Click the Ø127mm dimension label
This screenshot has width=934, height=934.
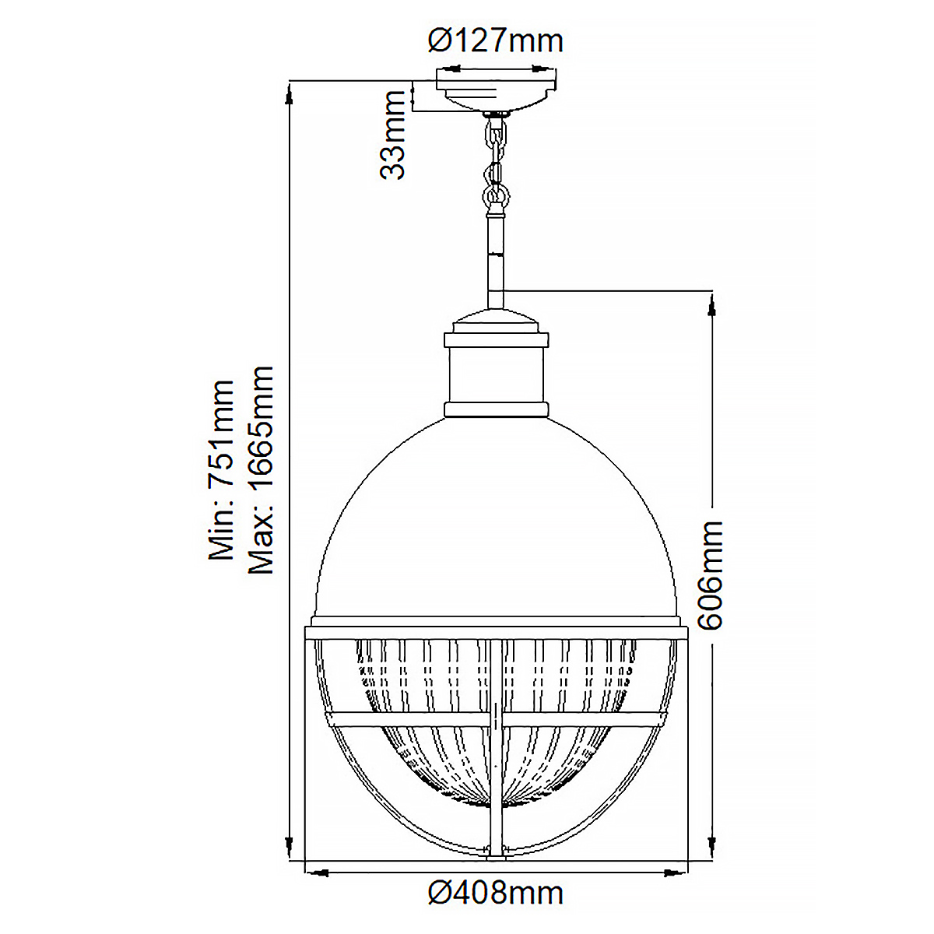coord(495,41)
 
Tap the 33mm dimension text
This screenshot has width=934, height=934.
coord(392,135)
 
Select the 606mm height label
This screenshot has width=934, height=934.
coord(710,575)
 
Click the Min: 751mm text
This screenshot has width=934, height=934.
coord(221,469)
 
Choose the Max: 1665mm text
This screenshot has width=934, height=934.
coord(261,469)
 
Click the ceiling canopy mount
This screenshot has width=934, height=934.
coord(496,90)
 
